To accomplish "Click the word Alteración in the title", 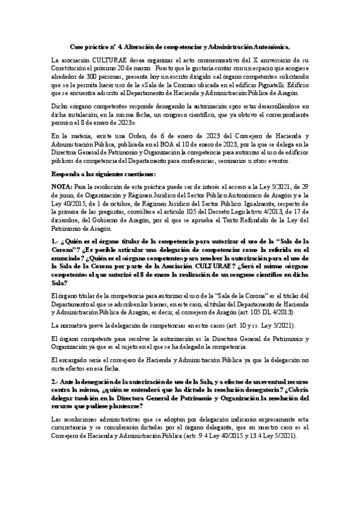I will [x=139, y=46].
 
